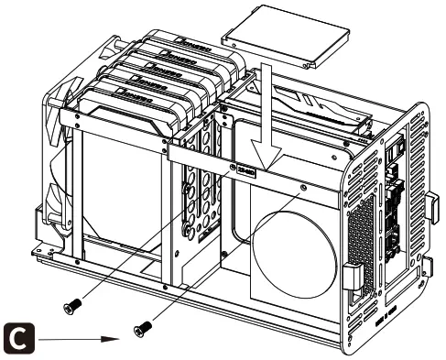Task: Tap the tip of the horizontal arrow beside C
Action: coord(123,336)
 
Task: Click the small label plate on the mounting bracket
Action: coord(245,168)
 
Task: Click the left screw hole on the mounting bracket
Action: coord(233,168)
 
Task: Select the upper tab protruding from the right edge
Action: coord(431,207)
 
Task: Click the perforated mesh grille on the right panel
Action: coord(363,229)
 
